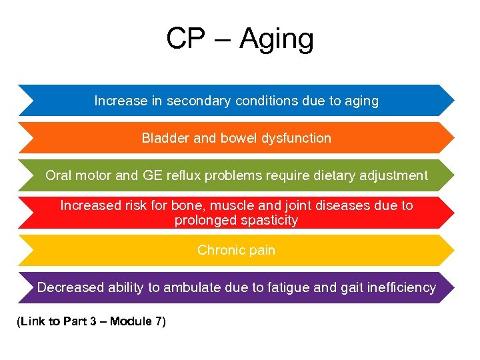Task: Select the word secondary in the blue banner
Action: click(195, 101)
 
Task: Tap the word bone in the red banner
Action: click(206, 206)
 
